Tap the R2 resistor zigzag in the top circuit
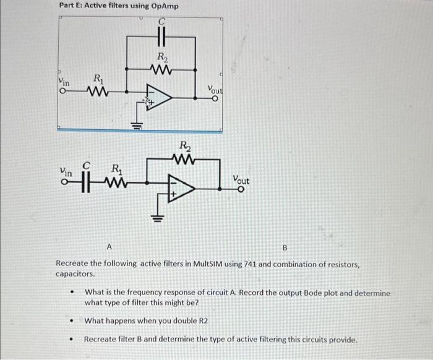161,70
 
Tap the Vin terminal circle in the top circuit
62,93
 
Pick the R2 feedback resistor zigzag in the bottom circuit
184,158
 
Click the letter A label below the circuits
109,247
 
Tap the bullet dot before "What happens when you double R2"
73,321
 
